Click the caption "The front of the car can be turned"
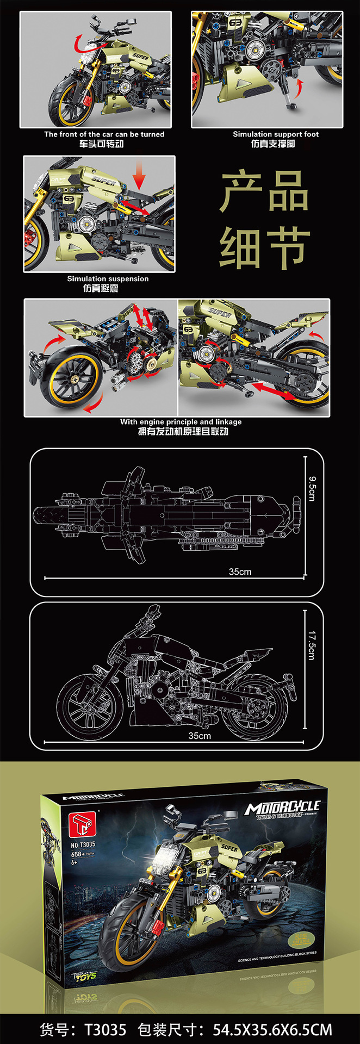(x=104, y=134)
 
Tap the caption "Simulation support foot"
(x=276, y=134)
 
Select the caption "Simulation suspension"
(x=108, y=278)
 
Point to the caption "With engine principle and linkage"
(x=181, y=421)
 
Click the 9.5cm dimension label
(x=312, y=488)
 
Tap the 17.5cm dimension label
(x=312, y=645)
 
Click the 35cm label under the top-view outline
(x=240, y=571)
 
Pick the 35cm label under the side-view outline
(x=200, y=736)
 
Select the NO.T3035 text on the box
(x=83, y=844)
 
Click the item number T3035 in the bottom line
(x=105, y=1029)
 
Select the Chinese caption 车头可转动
(x=101, y=144)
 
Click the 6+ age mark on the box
(x=75, y=862)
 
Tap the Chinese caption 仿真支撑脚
(x=273, y=144)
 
